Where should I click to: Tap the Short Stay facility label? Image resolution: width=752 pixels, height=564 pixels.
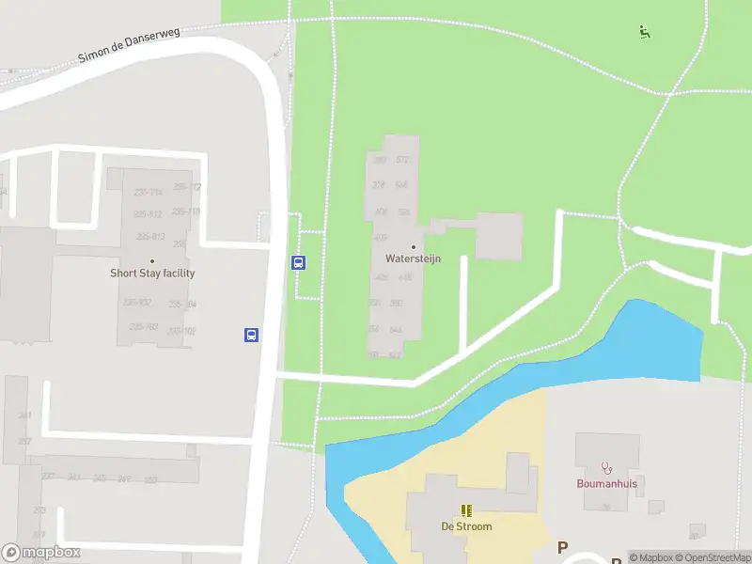click(x=152, y=274)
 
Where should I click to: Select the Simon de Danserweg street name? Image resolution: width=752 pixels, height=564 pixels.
click(x=128, y=44)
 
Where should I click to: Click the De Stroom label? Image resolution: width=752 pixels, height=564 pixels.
click(x=466, y=526)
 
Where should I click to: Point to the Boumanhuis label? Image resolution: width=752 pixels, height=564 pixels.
click(x=606, y=484)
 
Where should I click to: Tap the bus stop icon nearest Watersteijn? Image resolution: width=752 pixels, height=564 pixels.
click(x=299, y=262)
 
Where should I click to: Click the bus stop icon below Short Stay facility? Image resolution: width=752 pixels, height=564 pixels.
click(x=252, y=334)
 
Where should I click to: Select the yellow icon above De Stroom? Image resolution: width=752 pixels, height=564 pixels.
click(x=466, y=510)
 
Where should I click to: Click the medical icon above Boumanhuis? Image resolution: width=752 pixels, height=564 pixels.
click(x=606, y=467)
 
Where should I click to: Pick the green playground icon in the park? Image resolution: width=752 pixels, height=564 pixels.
click(x=644, y=32)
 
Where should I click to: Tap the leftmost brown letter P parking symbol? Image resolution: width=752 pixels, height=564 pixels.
click(x=563, y=547)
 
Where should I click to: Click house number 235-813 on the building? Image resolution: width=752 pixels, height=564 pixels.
click(x=150, y=236)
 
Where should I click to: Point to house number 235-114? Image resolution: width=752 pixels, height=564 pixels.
click(x=149, y=193)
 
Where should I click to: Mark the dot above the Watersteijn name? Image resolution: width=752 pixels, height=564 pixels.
click(x=413, y=246)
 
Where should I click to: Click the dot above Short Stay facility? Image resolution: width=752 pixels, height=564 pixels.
click(x=152, y=261)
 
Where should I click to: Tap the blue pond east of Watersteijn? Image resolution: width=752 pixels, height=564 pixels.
click(x=658, y=343)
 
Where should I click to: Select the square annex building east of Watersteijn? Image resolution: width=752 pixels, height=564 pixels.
click(x=498, y=235)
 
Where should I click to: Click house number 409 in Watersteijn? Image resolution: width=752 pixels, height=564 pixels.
click(x=381, y=237)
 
